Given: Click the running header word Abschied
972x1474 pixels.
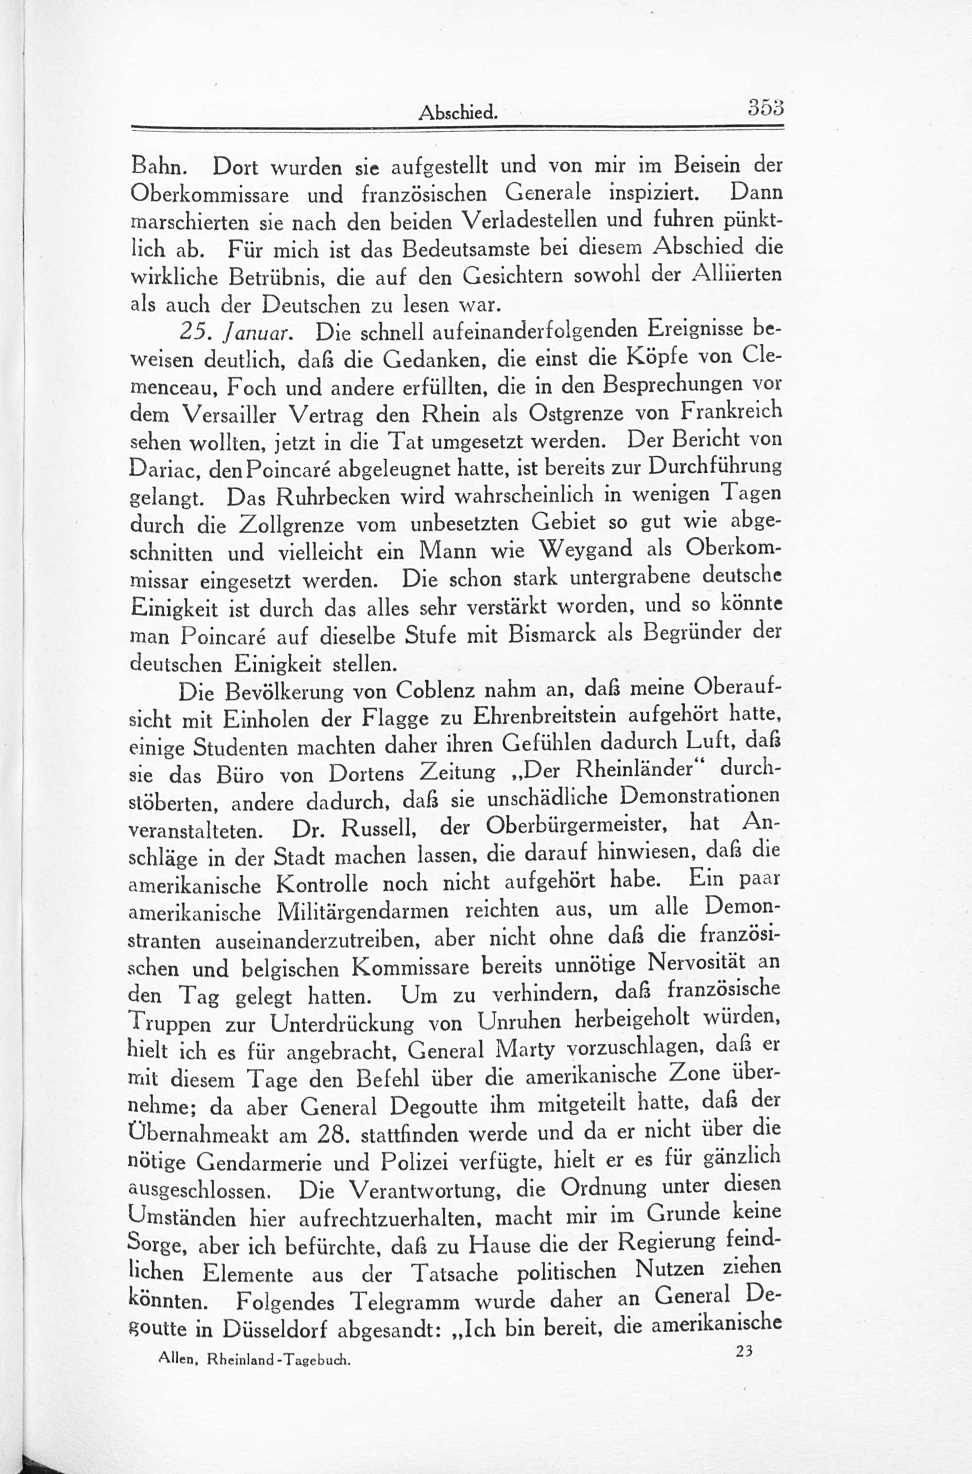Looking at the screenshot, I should pyautogui.click(x=458, y=112).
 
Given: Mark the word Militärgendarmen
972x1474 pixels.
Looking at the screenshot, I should pyautogui.click(x=364, y=913).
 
